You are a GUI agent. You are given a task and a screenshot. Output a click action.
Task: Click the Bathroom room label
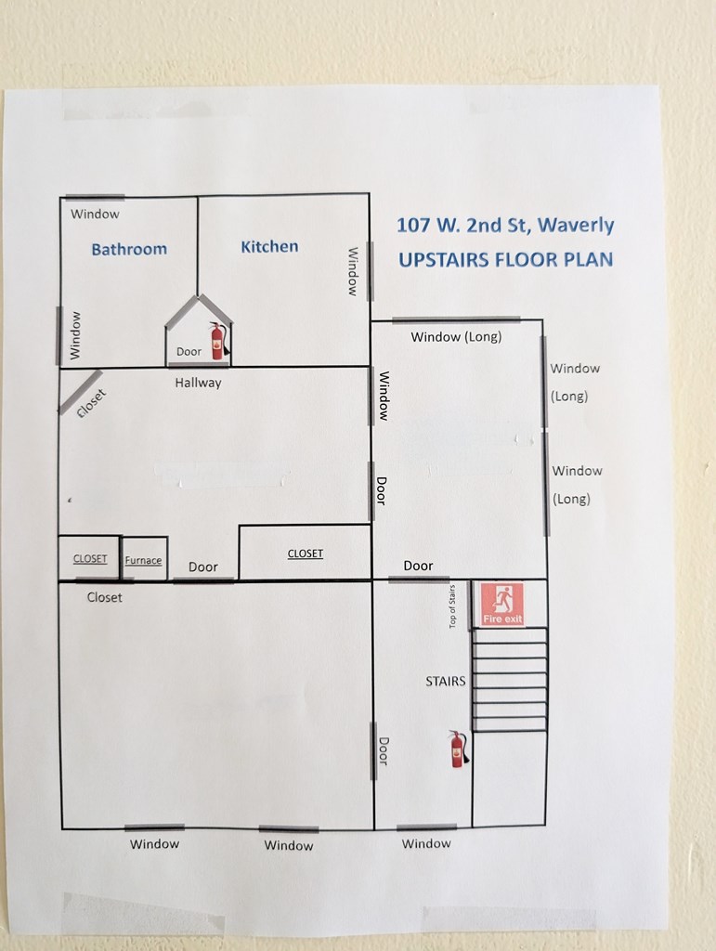129,249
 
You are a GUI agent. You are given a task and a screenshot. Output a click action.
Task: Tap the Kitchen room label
270,247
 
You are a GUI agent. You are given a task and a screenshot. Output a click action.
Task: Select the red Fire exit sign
502,604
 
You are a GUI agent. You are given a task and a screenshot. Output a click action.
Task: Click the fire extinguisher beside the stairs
459,749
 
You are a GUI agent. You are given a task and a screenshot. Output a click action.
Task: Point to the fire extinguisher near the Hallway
219,341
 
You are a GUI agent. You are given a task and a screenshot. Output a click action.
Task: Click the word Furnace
143,560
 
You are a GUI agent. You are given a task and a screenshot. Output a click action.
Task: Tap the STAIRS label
446,681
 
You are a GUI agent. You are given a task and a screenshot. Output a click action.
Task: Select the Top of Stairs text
451,606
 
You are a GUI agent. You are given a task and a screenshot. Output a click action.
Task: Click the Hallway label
198,383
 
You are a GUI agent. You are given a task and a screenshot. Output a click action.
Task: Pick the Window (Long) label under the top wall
456,336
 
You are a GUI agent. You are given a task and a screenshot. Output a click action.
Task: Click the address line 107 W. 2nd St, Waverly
505,225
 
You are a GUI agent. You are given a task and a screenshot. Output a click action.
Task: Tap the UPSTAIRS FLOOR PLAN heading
505,260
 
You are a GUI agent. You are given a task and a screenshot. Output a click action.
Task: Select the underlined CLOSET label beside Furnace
90,558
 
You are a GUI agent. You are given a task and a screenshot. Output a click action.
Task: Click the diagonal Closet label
92,403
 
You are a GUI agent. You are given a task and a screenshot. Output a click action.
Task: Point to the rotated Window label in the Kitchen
352,271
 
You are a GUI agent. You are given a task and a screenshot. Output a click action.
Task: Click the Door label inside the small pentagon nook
189,352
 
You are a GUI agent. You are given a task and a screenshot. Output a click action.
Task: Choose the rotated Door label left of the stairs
384,750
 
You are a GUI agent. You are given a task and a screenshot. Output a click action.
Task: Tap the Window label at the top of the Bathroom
95,215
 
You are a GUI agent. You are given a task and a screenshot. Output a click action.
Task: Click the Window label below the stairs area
426,843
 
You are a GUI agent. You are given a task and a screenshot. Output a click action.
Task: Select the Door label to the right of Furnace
203,567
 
